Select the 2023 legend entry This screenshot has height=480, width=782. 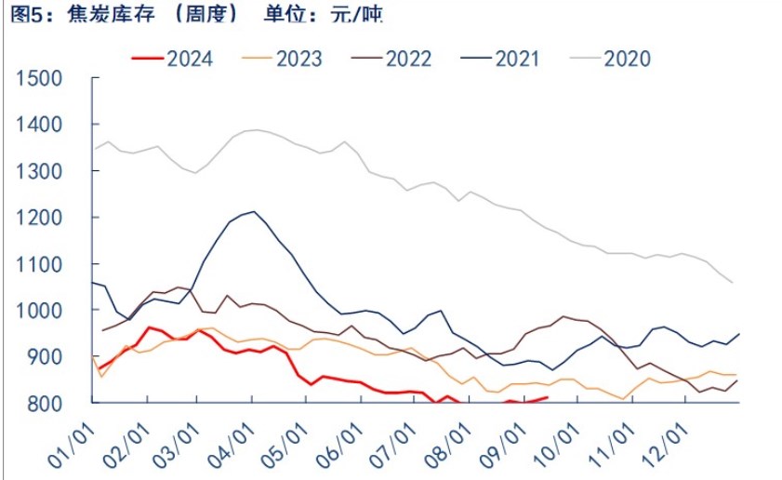pyautogui.click(x=282, y=59)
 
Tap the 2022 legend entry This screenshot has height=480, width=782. pyautogui.click(x=391, y=59)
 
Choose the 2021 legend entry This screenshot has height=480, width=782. pyautogui.click(x=500, y=59)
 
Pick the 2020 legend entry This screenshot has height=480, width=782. pyautogui.click(x=610, y=59)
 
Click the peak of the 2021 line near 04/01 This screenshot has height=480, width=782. pyautogui.click(x=254, y=211)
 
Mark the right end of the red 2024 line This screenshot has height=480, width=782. pyautogui.click(x=548, y=397)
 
